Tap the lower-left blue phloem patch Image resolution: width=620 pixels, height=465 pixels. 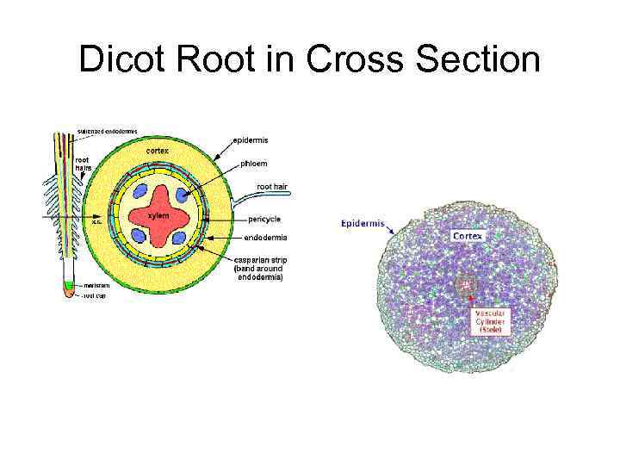138,235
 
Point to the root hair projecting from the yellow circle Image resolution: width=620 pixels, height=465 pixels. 243,203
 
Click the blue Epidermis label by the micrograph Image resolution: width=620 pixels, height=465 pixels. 363,223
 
